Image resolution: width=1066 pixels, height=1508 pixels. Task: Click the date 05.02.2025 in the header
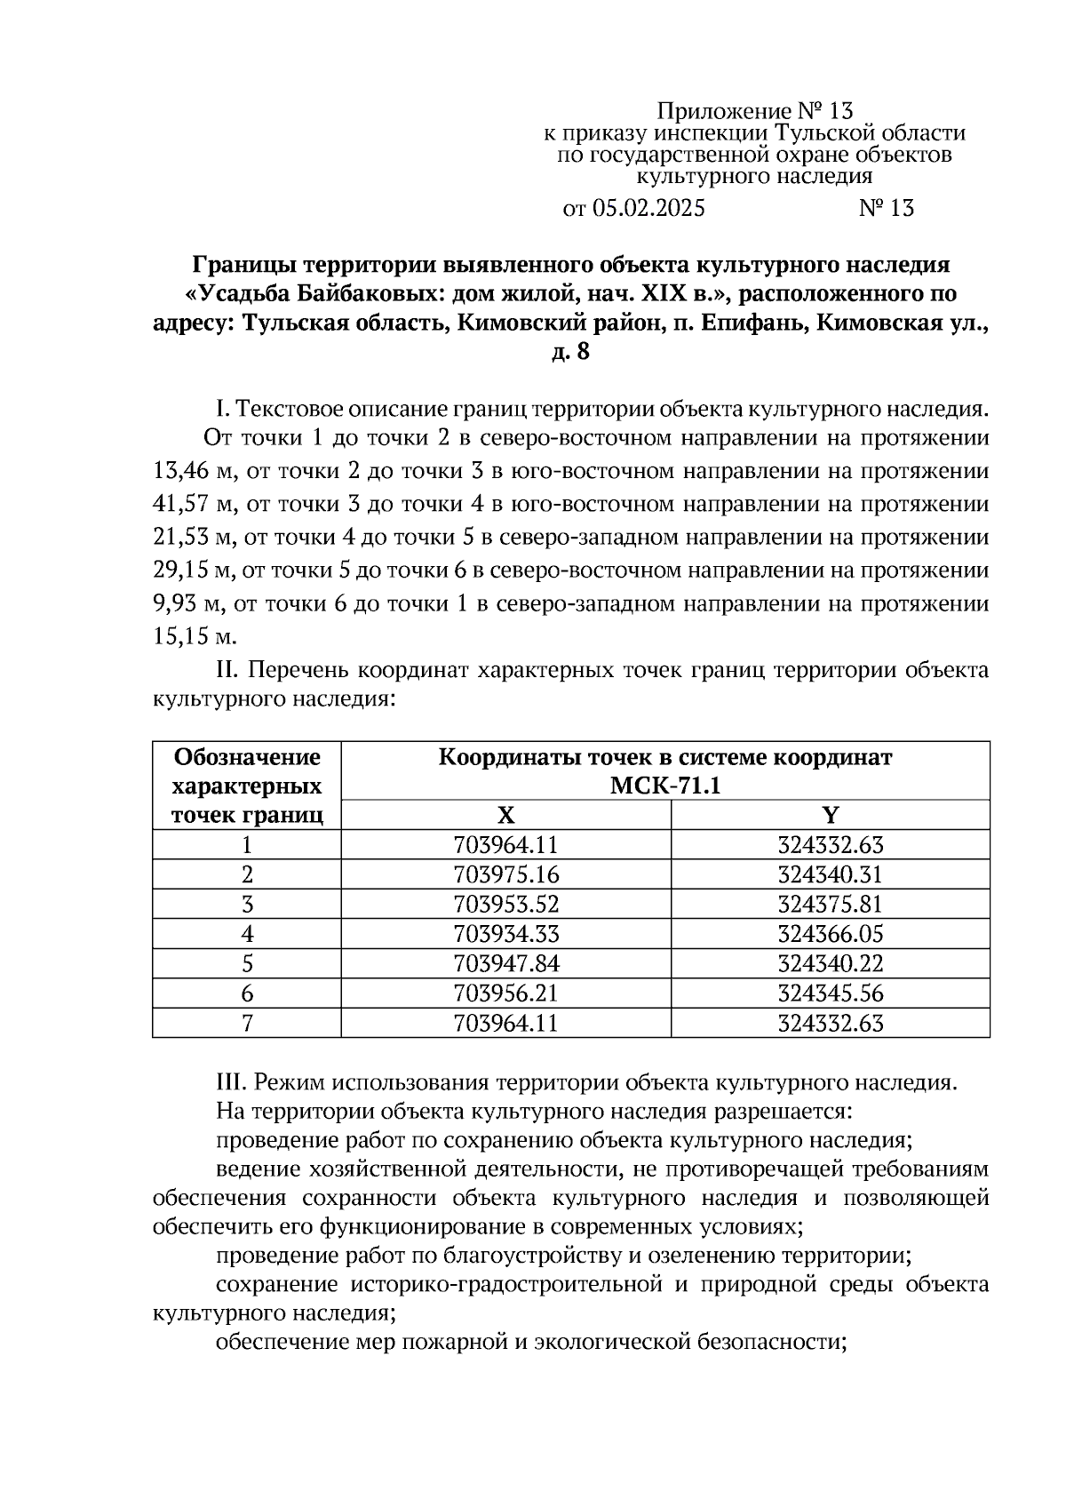648,209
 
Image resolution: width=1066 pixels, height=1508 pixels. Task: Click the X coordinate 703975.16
505,874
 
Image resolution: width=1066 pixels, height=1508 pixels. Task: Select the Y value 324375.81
830,904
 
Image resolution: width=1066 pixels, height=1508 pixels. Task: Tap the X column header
505,816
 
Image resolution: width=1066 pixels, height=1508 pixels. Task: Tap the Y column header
830,816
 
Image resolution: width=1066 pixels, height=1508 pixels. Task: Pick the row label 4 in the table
247,934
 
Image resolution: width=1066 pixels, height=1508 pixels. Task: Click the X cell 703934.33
505,934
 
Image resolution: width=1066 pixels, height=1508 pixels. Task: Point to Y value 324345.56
830,993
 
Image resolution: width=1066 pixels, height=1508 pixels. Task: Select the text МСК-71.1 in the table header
664,786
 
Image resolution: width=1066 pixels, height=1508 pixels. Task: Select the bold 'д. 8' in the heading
570,353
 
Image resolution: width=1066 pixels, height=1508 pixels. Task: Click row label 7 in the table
247,1023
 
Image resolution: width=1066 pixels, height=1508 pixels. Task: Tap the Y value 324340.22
830,963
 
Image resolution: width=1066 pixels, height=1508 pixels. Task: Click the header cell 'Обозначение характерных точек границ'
247,786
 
